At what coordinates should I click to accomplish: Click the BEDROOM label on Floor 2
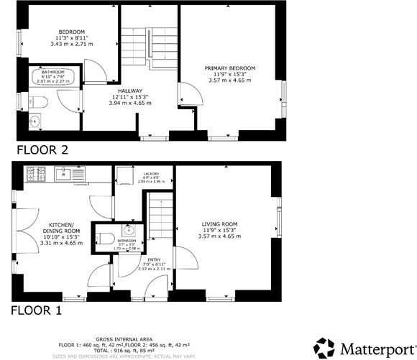pos(72,32)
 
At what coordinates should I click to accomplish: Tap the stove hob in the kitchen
pos(35,172)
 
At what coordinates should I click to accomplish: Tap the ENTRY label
pos(154,260)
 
